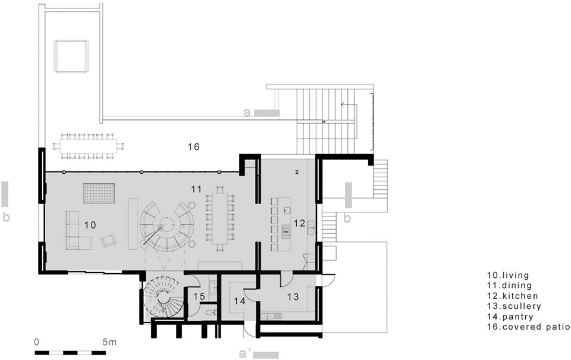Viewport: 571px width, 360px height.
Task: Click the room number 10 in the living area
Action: click(x=90, y=225)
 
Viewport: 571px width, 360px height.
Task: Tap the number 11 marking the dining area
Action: click(x=196, y=189)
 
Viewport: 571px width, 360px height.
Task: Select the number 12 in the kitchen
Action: click(x=299, y=223)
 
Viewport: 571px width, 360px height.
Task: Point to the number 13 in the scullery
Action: click(x=293, y=296)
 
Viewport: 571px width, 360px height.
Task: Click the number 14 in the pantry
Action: click(x=240, y=301)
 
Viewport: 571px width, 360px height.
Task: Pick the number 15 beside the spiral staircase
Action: click(x=200, y=296)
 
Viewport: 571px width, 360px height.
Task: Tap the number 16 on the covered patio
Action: click(x=194, y=147)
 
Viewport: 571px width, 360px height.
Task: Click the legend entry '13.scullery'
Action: click(x=514, y=306)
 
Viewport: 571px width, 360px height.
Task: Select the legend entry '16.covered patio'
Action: click(x=529, y=327)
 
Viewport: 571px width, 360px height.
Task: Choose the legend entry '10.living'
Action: click(x=508, y=276)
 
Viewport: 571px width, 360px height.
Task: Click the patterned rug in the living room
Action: click(x=99, y=193)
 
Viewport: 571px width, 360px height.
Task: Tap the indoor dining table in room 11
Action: click(x=220, y=218)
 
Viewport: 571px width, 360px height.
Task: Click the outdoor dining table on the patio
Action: click(x=89, y=146)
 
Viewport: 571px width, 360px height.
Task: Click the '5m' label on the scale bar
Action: click(x=109, y=342)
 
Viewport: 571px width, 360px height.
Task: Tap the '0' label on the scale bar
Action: click(x=36, y=342)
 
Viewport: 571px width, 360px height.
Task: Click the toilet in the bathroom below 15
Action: click(x=211, y=312)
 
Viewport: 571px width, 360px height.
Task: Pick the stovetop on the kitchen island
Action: click(x=286, y=231)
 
